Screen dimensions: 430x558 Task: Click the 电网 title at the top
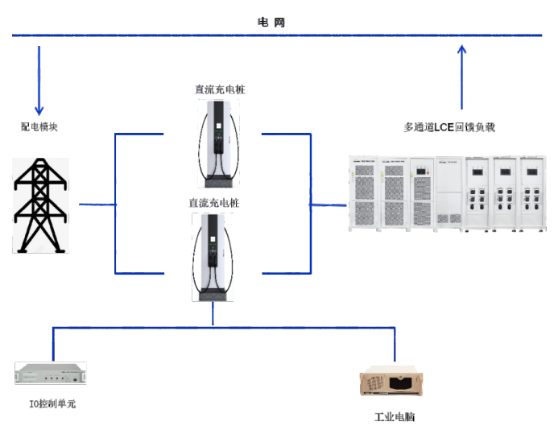pyautogui.click(x=271, y=23)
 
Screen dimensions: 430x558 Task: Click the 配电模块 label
pyautogui.click(x=39, y=127)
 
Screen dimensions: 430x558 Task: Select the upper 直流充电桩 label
pyautogui.click(x=220, y=89)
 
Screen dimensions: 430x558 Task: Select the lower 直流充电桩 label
pyautogui.click(x=213, y=204)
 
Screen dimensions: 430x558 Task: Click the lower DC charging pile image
pyautogui.click(x=213, y=256)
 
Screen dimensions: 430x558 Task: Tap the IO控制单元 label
pyautogui.click(x=52, y=403)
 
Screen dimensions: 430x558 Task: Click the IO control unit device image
pyautogui.click(x=51, y=374)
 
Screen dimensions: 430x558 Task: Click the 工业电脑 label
pyautogui.click(x=394, y=417)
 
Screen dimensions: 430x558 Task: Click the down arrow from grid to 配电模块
pyautogui.click(x=39, y=81)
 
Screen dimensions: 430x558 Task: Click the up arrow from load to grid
pyautogui.click(x=462, y=76)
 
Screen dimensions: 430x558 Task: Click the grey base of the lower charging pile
pyautogui.click(x=213, y=294)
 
